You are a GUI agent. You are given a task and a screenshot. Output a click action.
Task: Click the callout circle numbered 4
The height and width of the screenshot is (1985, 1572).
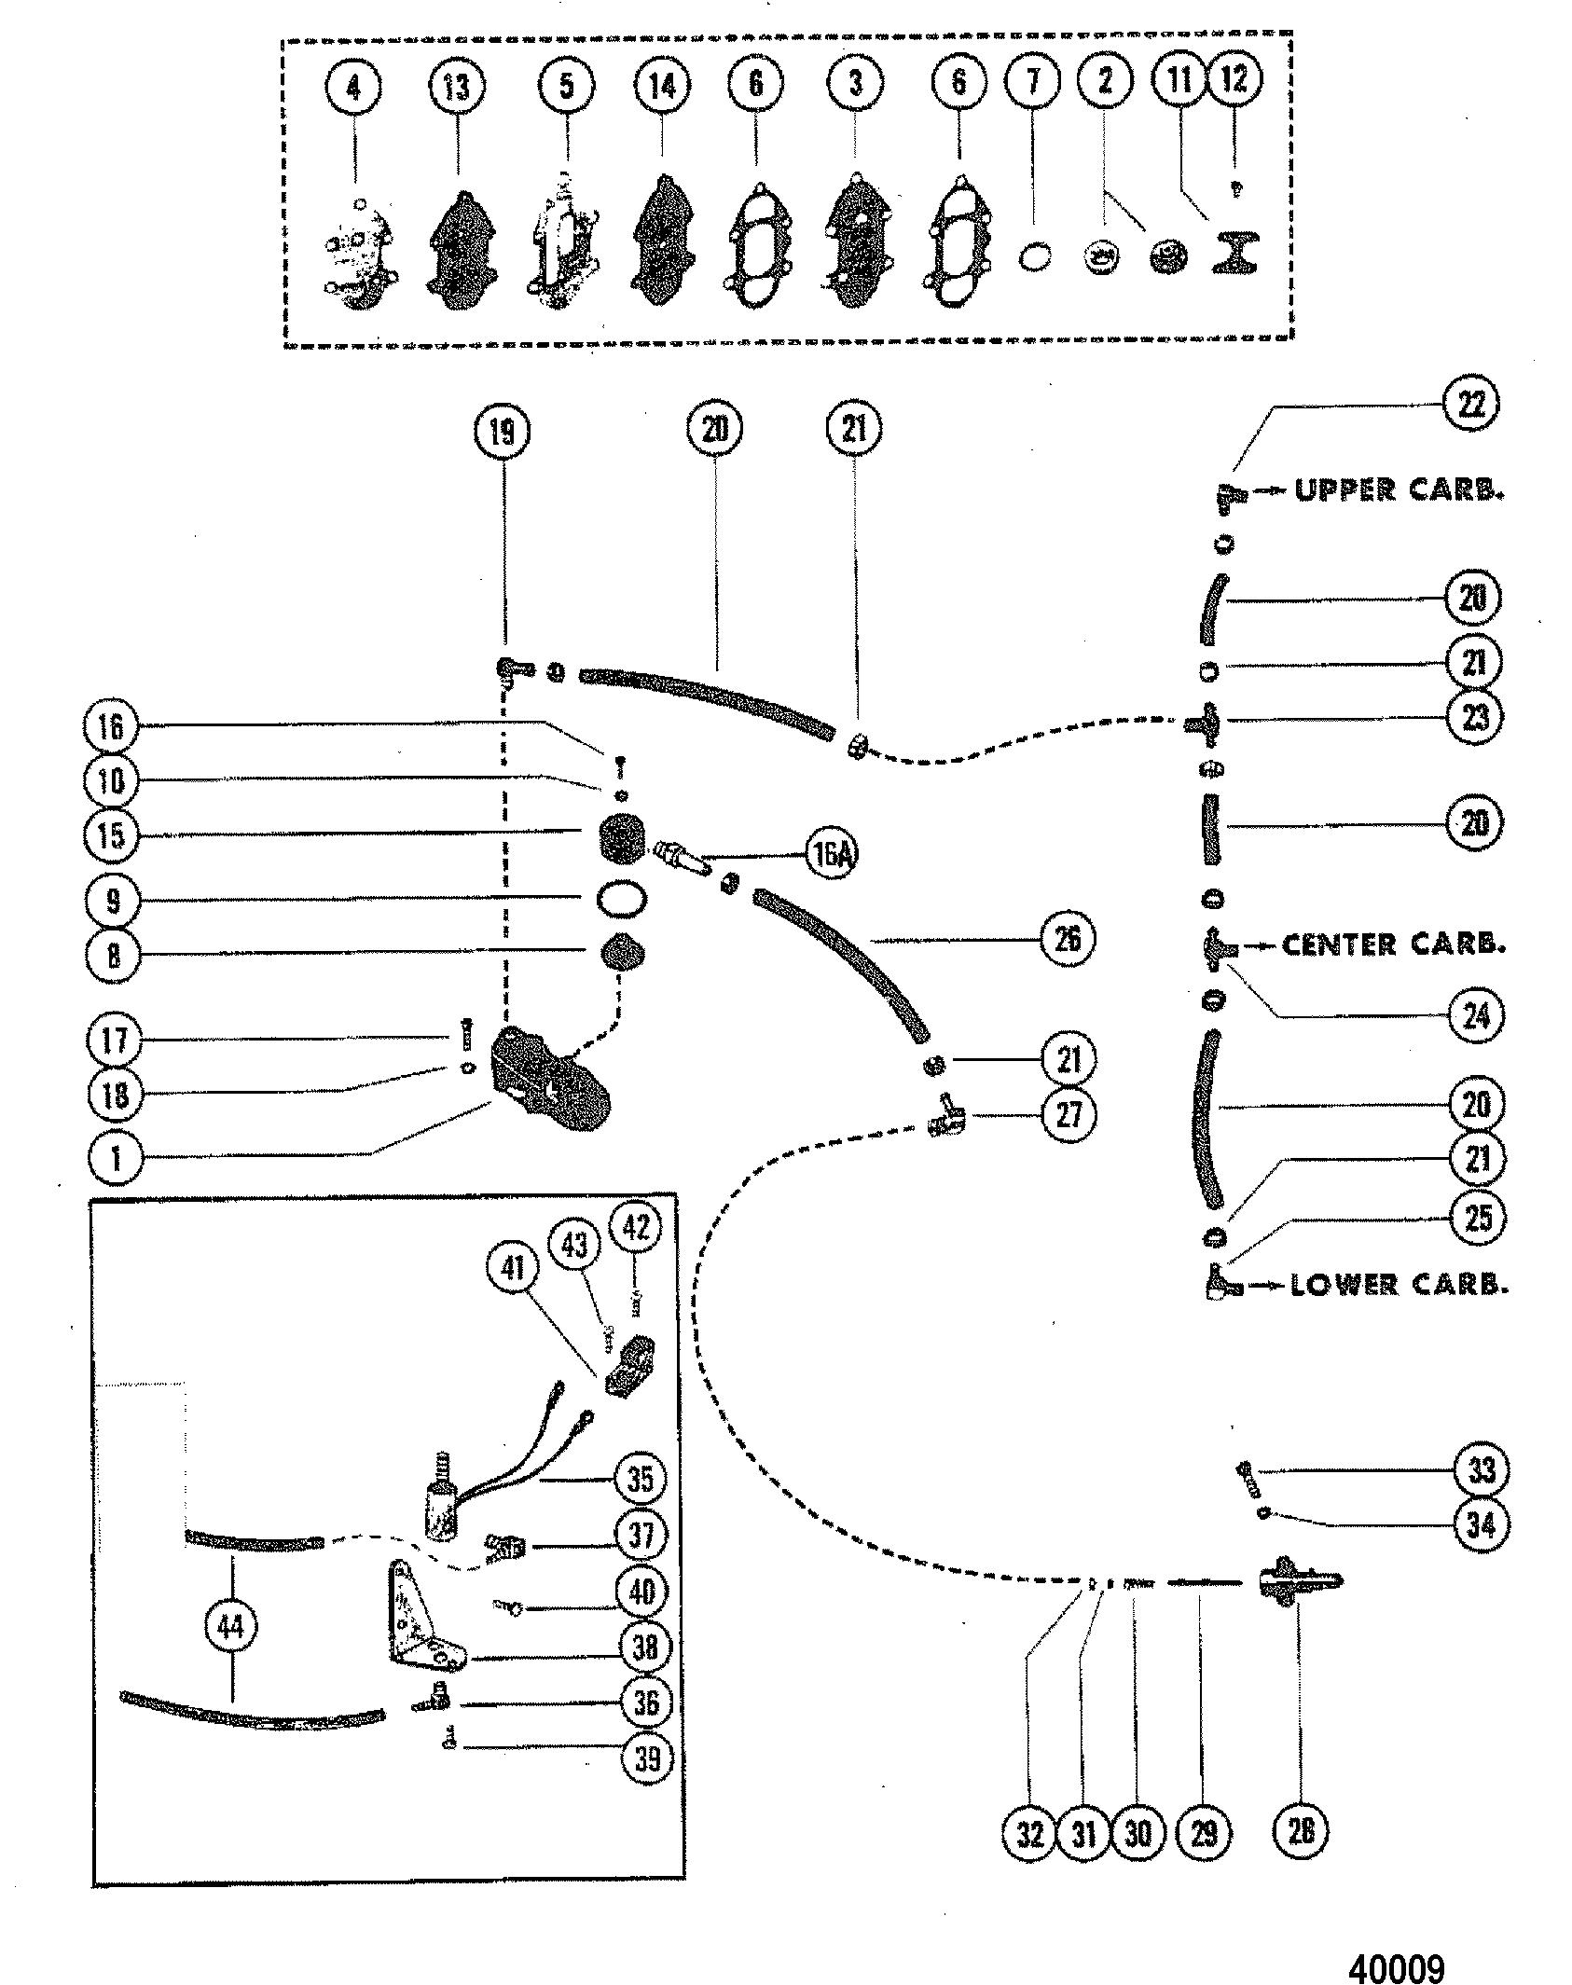[x=353, y=89]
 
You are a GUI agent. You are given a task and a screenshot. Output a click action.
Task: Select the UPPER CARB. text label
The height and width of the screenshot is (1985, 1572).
[x=1399, y=490]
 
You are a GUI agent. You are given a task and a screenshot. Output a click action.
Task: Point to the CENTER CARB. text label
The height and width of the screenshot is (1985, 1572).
[x=1393, y=945]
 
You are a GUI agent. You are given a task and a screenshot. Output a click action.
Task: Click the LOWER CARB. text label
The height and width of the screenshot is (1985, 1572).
[x=1399, y=1286]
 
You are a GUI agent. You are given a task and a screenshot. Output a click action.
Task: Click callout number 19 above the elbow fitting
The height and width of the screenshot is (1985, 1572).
[x=503, y=431]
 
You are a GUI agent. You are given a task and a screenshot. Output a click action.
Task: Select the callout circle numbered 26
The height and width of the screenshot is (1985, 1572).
[x=1068, y=940]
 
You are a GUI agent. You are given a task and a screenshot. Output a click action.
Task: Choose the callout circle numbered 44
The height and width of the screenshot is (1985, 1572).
[x=229, y=1627]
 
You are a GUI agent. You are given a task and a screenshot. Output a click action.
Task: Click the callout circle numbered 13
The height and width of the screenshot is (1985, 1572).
[x=456, y=87]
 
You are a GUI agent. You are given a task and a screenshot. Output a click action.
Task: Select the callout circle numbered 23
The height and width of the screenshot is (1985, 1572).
[x=1475, y=718]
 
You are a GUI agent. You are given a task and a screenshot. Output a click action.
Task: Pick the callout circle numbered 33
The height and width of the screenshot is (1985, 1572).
[x=1481, y=1470]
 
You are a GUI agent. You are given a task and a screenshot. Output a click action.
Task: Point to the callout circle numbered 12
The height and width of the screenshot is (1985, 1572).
[x=1234, y=79]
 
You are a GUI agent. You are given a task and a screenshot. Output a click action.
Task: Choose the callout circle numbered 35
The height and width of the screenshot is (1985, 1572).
[x=641, y=1479]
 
